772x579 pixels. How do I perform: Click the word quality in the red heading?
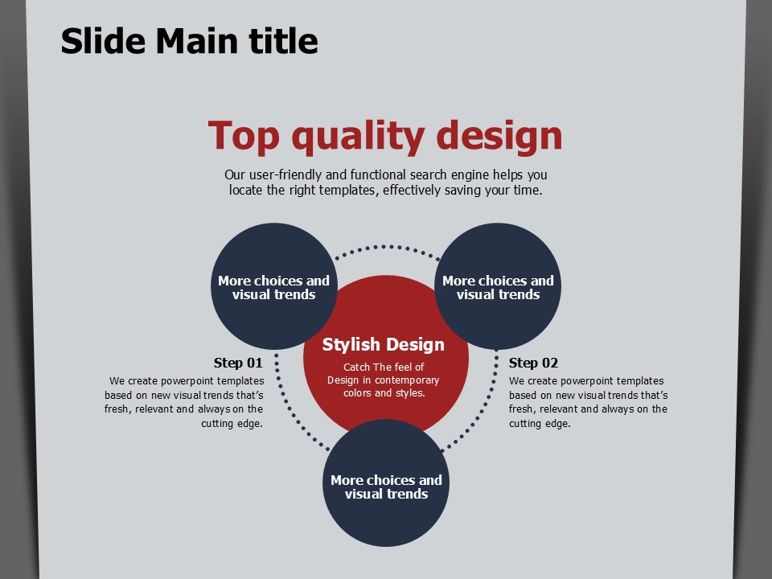coord(358,137)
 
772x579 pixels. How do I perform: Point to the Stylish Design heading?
coord(383,345)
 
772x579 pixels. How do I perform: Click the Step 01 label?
coord(238,363)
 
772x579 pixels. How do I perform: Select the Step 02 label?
coord(533,363)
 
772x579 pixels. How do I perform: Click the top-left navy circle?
coord(273,286)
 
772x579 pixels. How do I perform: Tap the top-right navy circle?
coord(498,286)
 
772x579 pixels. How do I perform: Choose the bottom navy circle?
coord(386,483)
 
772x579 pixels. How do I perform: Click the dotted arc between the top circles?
coord(386,247)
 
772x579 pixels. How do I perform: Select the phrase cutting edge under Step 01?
coord(232,424)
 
